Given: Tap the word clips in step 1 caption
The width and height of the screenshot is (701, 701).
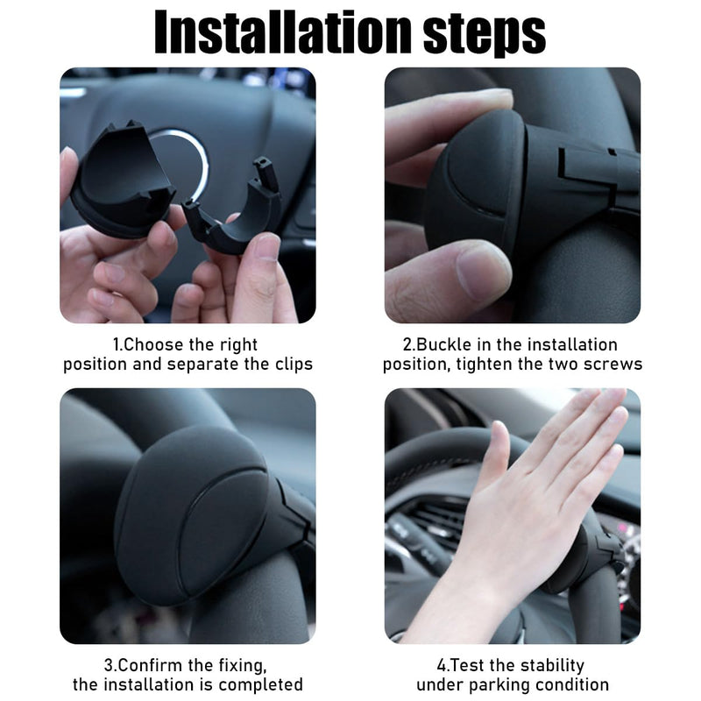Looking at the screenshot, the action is [x=294, y=365].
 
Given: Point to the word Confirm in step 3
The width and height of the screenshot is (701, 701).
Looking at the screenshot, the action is [x=150, y=665].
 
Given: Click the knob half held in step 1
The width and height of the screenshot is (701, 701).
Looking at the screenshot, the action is [x=122, y=179].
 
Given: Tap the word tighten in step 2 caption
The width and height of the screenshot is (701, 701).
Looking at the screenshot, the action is [x=485, y=365].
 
